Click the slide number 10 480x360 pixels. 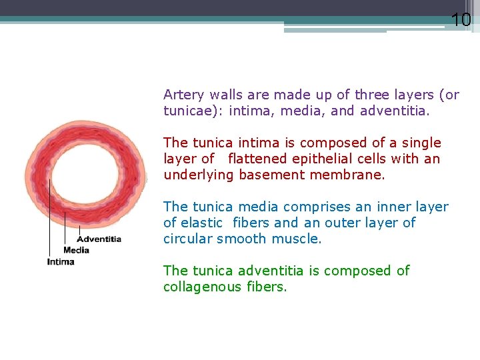(x=461, y=20)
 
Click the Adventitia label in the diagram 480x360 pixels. (x=99, y=239)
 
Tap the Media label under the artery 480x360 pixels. (x=76, y=250)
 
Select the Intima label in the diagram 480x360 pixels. (x=61, y=261)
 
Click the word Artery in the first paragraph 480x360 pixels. (x=183, y=95)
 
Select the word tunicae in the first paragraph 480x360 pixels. (x=191, y=111)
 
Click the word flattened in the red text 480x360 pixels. (x=257, y=159)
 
